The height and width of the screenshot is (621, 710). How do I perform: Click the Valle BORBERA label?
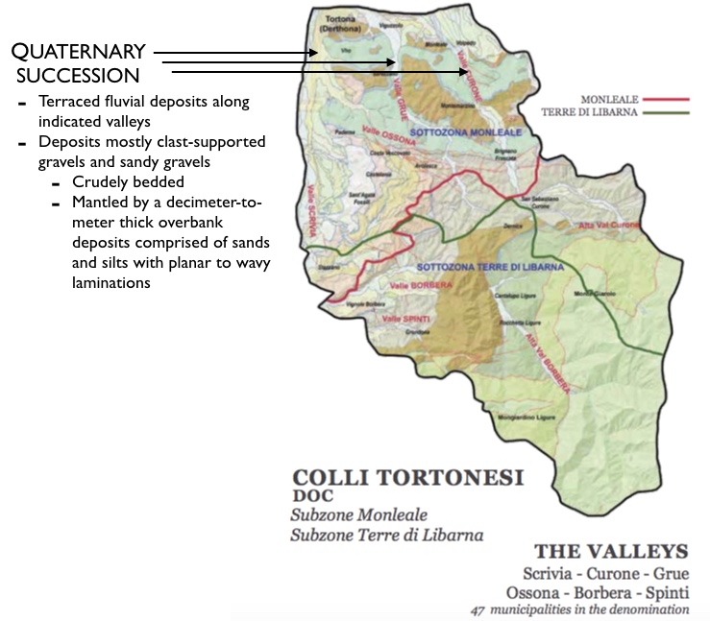(x=416, y=285)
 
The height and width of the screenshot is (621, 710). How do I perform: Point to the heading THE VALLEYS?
(x=611, y=552)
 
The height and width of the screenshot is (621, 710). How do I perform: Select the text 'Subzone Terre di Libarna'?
(x=386, y=535)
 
